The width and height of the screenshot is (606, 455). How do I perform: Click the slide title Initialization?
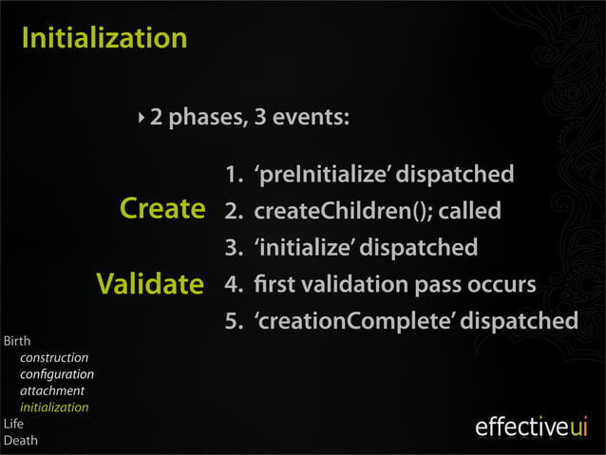pos(104,39)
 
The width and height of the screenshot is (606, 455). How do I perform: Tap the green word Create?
pos(162,209)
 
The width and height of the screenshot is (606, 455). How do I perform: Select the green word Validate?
pos(149,284)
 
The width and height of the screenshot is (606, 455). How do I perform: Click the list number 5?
pos(232,321)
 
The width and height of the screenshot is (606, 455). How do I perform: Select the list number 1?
pos(232,175)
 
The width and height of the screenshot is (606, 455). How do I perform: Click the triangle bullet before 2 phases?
pos(142,119)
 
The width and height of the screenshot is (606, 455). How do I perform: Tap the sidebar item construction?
pos(54,357)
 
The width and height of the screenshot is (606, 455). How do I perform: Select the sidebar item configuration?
pos(57,374)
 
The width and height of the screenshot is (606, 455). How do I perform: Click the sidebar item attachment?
pos(52,390)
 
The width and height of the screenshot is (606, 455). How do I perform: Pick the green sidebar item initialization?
pos(54,408)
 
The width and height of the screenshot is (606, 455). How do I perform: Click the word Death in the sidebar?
pos(20,441)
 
